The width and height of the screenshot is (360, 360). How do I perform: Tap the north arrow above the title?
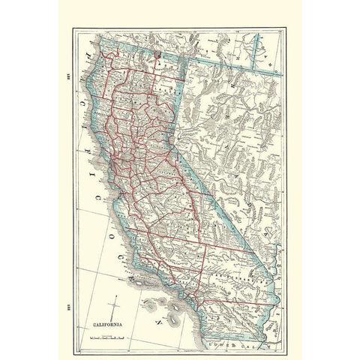113,288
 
